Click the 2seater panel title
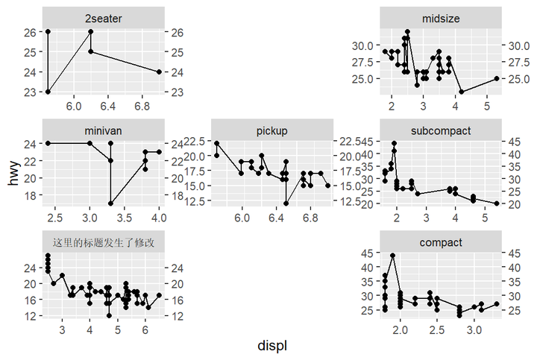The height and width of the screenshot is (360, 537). [x=104, y=17]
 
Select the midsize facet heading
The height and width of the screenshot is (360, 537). [x=441, y=17]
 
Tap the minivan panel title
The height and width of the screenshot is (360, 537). [x=104, y=130]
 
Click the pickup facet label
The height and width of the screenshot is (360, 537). [x=272, y=130]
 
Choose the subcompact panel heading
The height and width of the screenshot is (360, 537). [x=441, y=130]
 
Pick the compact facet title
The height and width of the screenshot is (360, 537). [x=441, y=242]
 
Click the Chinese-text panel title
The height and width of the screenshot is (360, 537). [x=104, y=242]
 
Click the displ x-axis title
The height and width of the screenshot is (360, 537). [x=272, y=346]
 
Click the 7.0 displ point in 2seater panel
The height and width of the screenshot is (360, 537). [x=160, y=72]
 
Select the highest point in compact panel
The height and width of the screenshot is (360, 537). [x=392, y=256]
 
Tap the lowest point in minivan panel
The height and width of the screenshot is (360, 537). [x=110, y=203]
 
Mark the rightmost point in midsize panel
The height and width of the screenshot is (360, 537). [x=497, y=78]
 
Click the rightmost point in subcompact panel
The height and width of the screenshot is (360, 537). [x=497, y=203]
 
